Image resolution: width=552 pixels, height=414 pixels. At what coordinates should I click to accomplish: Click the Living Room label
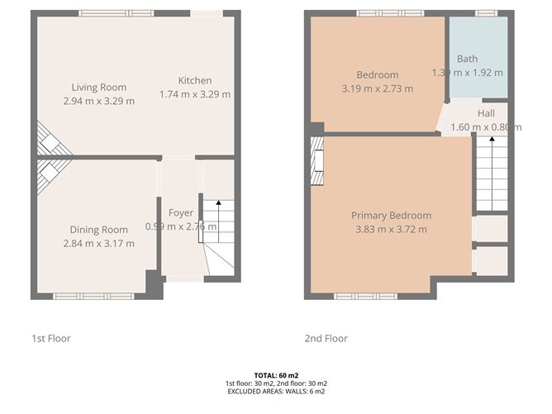coord(98,88)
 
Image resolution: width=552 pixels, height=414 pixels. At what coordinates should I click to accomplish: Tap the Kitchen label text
coord(195,81)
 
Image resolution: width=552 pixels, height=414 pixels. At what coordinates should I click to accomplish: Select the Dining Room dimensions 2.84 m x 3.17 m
coord(98,243)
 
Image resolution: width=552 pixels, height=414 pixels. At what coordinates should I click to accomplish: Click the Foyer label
coord(181,213)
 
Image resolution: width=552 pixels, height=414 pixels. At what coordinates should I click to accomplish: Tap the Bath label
coord(468,59)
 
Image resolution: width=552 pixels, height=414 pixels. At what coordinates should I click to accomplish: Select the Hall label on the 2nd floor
coord(487,112)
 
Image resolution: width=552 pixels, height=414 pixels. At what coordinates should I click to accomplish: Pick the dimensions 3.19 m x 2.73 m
coord(377,88)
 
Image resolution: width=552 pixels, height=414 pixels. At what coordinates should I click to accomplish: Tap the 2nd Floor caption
coord(326,338)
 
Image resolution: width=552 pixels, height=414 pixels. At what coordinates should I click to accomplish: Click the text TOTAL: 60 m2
coord(276,375)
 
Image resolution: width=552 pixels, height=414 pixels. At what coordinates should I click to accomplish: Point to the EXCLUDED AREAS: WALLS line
coord(276,392)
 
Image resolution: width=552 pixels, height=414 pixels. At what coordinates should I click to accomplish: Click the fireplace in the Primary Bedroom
coord(316,164)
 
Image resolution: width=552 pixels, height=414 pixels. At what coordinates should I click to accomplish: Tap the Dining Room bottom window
coord(93,296)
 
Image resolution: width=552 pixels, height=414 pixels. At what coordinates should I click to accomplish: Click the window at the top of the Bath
coord(487,13)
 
